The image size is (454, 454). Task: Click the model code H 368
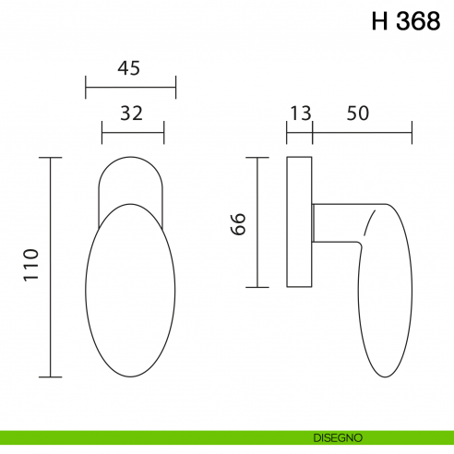tap(405, 23)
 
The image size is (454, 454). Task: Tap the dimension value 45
tap(130, 68)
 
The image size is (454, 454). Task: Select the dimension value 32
tap(132, 113)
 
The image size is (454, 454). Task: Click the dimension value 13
tap(300, 113)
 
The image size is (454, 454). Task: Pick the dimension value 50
tap(358, 113)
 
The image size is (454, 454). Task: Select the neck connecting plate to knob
tap(329, 223)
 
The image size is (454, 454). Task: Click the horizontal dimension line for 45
tap(130, 89)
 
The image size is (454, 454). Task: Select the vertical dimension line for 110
tap(50, 268)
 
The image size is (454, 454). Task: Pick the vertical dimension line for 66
tap(257, 223)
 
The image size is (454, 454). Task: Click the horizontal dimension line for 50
tap(362, 133)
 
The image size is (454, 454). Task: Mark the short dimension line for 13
tap(300, 133)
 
